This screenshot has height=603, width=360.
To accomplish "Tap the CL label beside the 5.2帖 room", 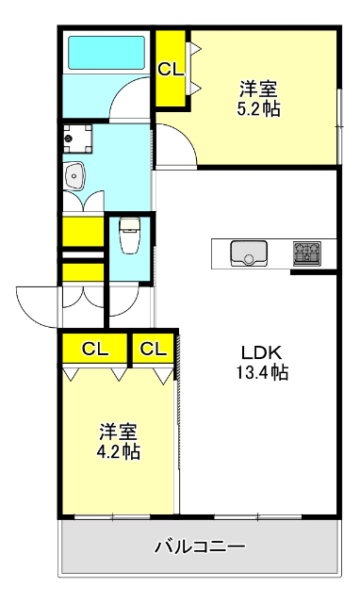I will click(x=171, y=68).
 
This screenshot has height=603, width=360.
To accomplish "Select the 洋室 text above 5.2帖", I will click(x=257, y=90).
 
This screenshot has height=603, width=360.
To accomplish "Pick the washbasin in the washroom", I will click(x=75, y=175).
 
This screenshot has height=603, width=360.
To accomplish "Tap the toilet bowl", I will click(x=130, y=235).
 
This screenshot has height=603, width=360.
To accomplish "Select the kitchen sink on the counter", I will click(x=249, y=253).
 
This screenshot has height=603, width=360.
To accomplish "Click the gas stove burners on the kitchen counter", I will click(x=306, y=253).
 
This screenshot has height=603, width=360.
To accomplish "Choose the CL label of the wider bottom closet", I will click(x=94, y=349).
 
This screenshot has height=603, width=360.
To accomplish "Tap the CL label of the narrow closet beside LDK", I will click(x=154, y=349).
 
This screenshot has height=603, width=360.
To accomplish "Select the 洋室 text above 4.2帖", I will click(x=119, y=432).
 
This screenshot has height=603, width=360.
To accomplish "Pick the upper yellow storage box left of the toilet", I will click(x=82, y=231).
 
